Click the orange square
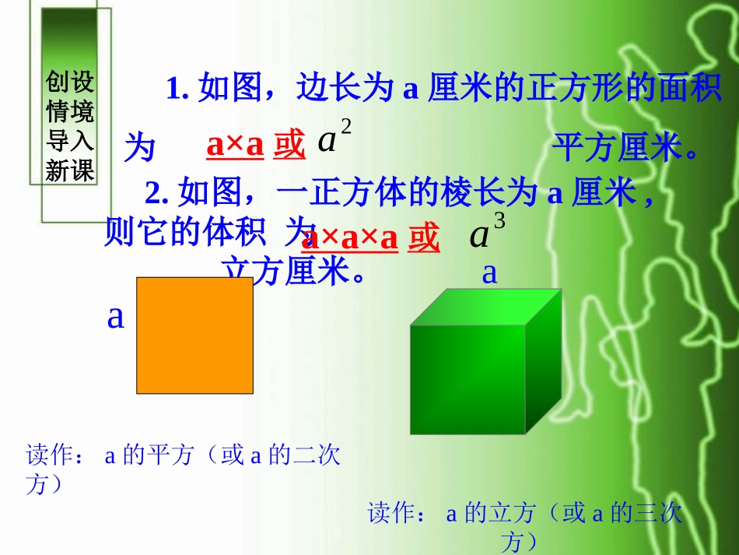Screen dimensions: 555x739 tap(194, 335)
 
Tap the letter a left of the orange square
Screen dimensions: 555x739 tap(116, 317)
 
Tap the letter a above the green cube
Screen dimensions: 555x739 tap(489, 272)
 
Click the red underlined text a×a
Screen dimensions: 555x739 tap(235, 146)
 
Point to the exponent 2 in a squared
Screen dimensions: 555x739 tap(346, 128)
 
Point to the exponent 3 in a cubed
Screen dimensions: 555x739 tap(499, 222)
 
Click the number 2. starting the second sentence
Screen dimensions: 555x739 tap(158, 191)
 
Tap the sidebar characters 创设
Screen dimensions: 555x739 tap(70, 82)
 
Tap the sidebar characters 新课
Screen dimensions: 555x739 tap(70, 170)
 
